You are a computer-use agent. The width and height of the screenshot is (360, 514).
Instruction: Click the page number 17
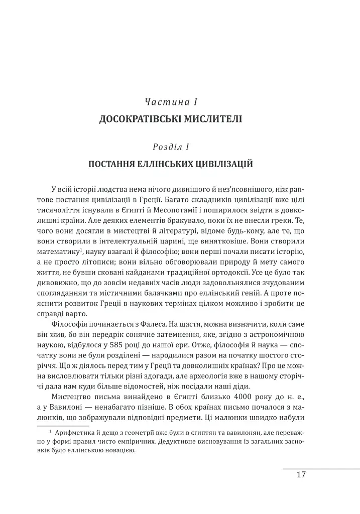[301, 475]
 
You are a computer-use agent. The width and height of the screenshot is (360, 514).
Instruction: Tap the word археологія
[202, 375]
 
